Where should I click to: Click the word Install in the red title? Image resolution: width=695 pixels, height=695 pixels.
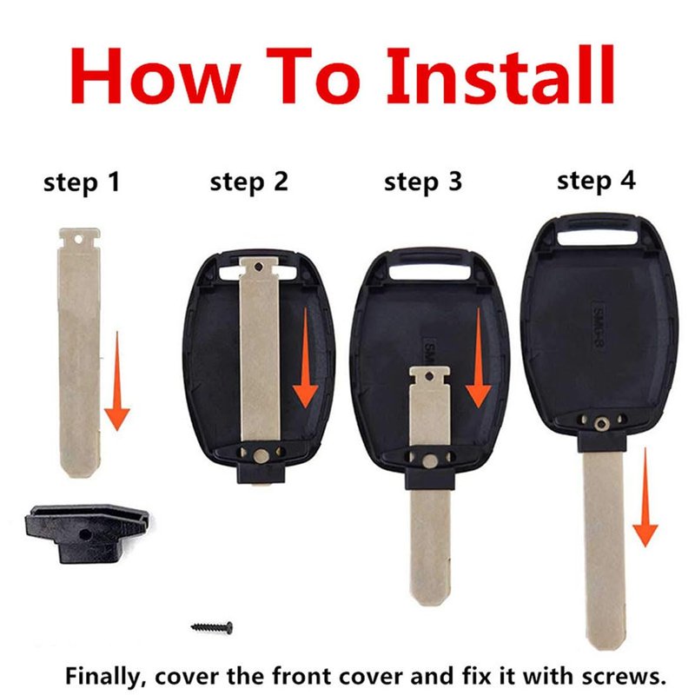(500, 75)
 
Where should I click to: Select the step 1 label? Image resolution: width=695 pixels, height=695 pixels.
(82, 182)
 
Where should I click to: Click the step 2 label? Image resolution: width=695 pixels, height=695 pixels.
(249, 182)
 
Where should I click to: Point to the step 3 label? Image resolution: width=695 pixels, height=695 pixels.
(423, 182)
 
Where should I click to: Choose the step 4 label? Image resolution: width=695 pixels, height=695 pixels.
(596, 182)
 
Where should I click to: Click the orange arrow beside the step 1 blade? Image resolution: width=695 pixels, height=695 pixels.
(117, 381)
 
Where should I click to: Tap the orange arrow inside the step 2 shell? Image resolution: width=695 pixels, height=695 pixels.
(306, 358)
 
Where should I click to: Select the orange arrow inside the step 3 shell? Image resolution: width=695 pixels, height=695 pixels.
(479, 358)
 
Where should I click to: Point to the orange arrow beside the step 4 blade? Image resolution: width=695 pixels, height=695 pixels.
(645, 497)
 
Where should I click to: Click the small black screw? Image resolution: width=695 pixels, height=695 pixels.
(212, 627)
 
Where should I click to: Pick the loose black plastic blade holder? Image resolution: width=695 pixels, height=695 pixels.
(86, 533)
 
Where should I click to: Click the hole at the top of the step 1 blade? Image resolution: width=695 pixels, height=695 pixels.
(78, 240)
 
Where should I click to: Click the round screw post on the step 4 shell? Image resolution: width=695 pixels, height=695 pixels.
(601, 425)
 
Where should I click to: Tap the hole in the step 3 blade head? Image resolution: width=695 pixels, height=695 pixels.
(429, 377)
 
